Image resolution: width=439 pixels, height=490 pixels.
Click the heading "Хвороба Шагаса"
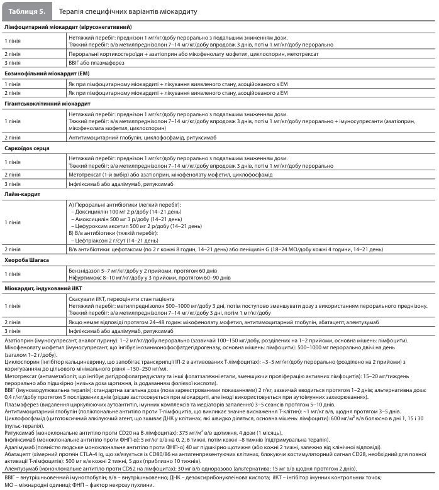[x=28, y=259]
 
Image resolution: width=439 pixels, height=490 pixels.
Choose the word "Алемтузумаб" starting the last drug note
[x=22, y=468]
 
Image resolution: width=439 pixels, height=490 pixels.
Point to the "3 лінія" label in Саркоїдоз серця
[x=13, y=184]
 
